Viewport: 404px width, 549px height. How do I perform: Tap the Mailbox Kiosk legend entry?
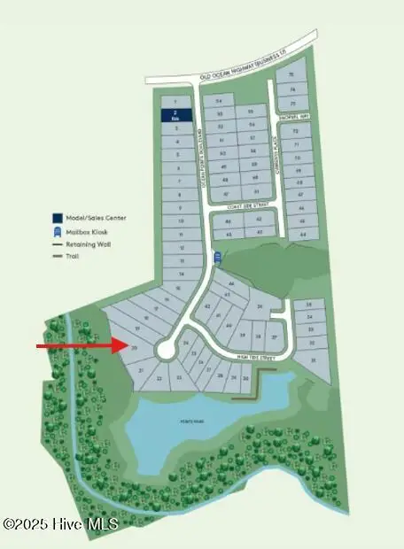click(81, 230)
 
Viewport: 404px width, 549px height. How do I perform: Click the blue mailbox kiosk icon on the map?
click(215, 257)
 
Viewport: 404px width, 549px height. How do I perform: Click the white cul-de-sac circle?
click(165, 351)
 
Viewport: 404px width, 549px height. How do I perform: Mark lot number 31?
click(310, 361)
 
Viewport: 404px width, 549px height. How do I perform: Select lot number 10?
click(180, 220)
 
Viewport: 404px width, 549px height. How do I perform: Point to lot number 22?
click(159, 378)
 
